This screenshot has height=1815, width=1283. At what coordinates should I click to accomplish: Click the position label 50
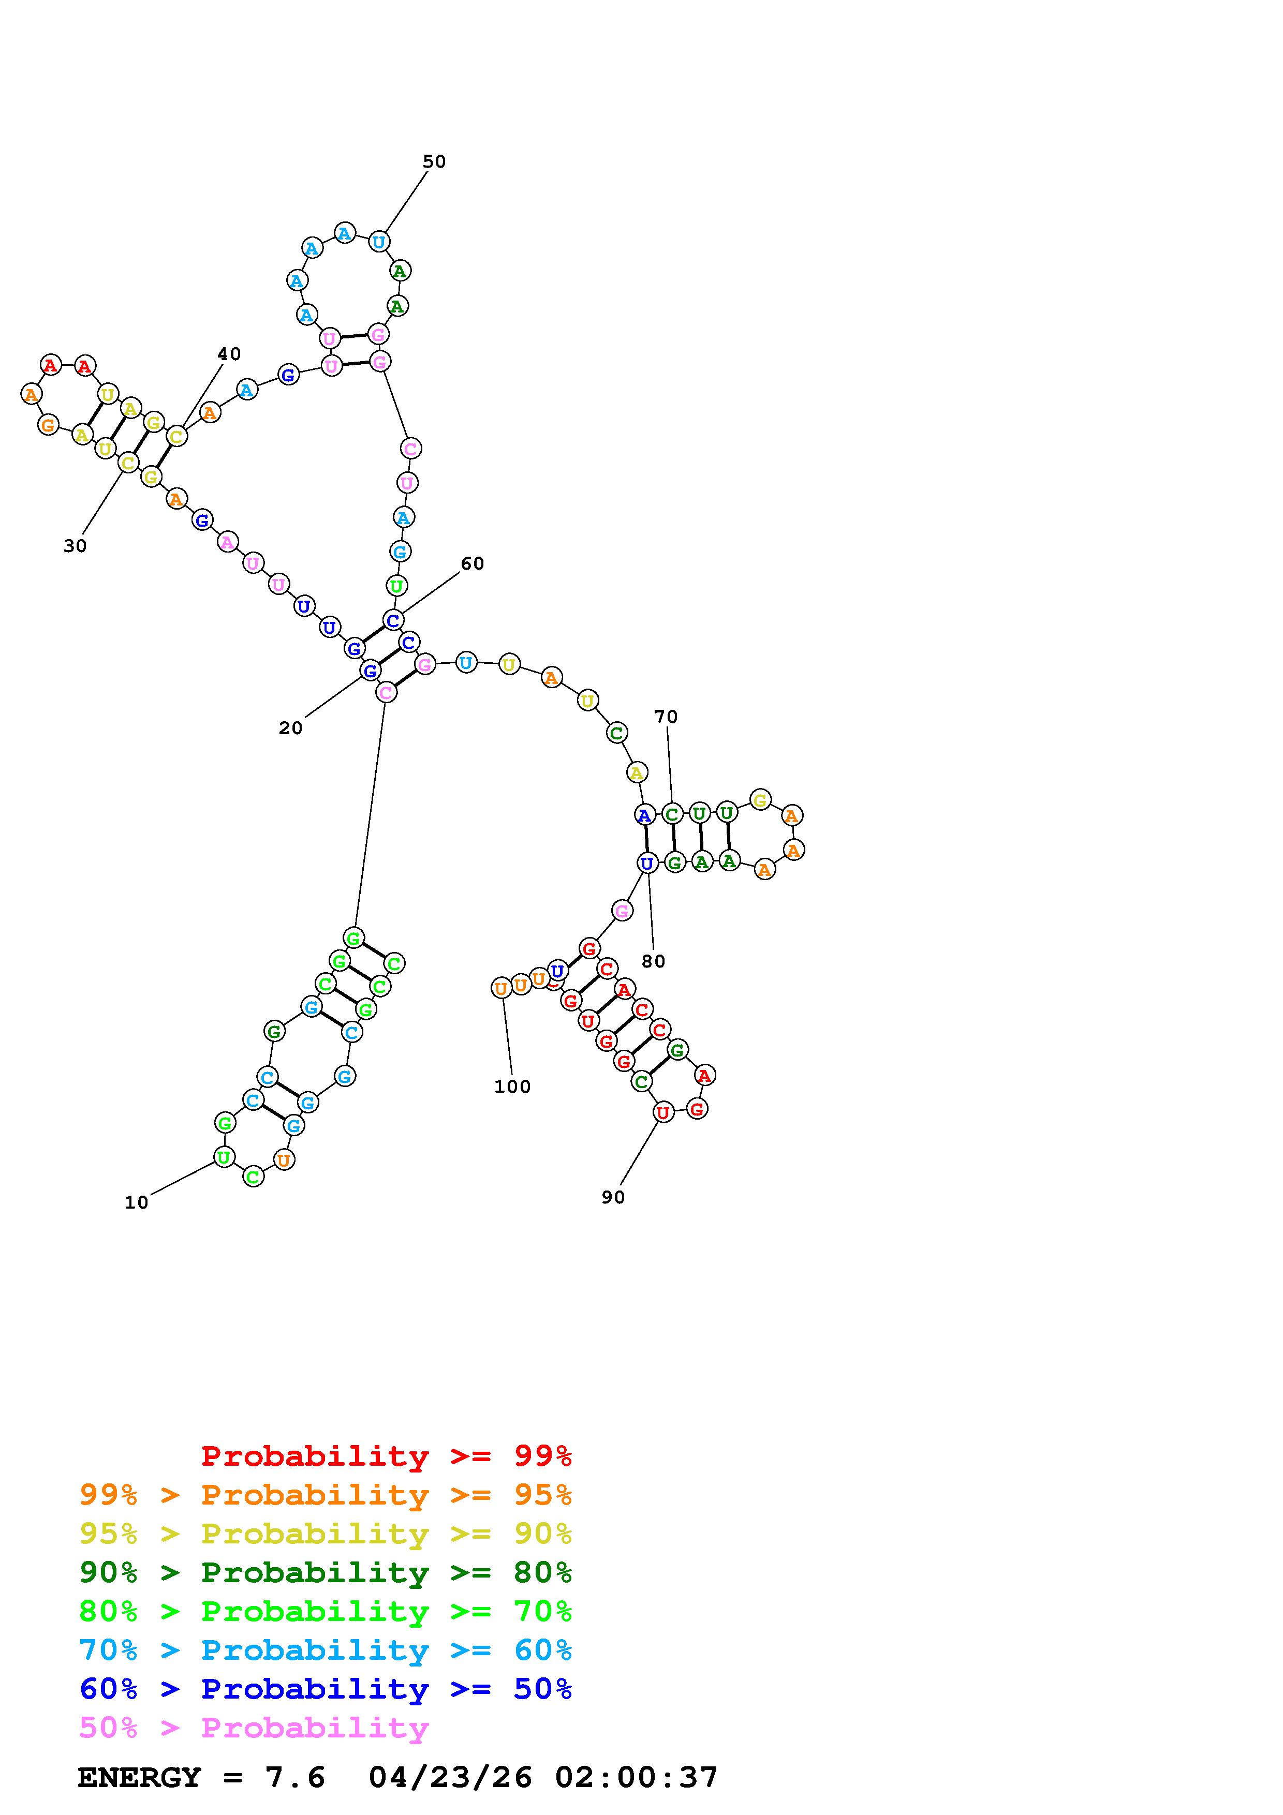(x=434, y=162)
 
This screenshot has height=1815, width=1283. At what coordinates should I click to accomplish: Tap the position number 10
(x=136, y=1202)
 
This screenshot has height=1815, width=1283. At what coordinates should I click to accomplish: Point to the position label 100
(x=512, y=1087)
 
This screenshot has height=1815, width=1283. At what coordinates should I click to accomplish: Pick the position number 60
(x=472, y=563)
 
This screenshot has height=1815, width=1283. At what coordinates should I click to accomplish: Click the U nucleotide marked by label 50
(x=379, y=242)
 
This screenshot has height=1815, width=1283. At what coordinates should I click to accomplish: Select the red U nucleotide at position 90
(x=662, y=1113)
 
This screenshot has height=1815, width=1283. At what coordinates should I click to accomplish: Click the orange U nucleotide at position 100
(x=500, y=988)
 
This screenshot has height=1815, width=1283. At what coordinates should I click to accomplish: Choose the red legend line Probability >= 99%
(x=386, y=1455)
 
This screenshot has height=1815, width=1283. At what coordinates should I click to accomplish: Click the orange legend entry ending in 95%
(x=326, y=1495)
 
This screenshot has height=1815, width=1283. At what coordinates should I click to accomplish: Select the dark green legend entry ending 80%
(x=326, y=1572)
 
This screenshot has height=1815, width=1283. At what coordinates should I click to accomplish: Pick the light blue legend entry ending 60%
(x=326, y=1650)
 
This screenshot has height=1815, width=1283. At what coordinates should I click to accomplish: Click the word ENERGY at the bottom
(x=139, y=1778)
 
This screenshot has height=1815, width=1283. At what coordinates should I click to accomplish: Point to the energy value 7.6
(x=295, y=1778)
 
